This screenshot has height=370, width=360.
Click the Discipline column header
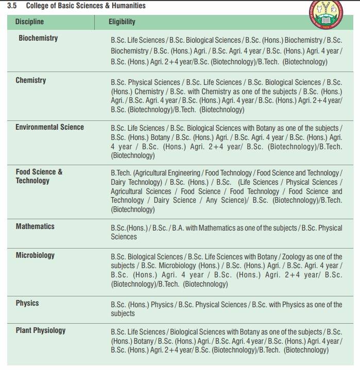(x=29, y=22)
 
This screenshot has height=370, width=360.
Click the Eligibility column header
(x=122, y=22)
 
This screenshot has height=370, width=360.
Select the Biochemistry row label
(x=38, y=38)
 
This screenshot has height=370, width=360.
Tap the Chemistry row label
(x=30, y=80)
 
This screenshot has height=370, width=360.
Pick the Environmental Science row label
(x=49, y=127)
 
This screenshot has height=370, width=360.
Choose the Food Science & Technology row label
(x=39, y=176)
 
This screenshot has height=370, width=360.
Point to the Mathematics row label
(x=35, y=226)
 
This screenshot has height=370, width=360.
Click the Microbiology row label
(x=35, y=255)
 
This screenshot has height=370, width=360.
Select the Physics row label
(x=27, y=303)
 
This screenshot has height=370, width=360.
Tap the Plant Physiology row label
(x=40, y=330)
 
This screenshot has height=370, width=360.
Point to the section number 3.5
(x=12, y=6)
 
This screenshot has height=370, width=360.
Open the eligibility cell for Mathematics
(x=226, y=232)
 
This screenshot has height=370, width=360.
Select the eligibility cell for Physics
(x=226, y=309)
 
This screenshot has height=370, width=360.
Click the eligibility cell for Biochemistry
(x=226, y=50)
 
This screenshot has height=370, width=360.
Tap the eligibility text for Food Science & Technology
(x=226, y=191)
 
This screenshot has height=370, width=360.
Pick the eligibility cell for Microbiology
(x=226, y=270)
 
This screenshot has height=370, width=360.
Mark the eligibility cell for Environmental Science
(x=226, y=142)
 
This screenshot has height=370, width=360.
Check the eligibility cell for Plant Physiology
(x=226, y=340)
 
